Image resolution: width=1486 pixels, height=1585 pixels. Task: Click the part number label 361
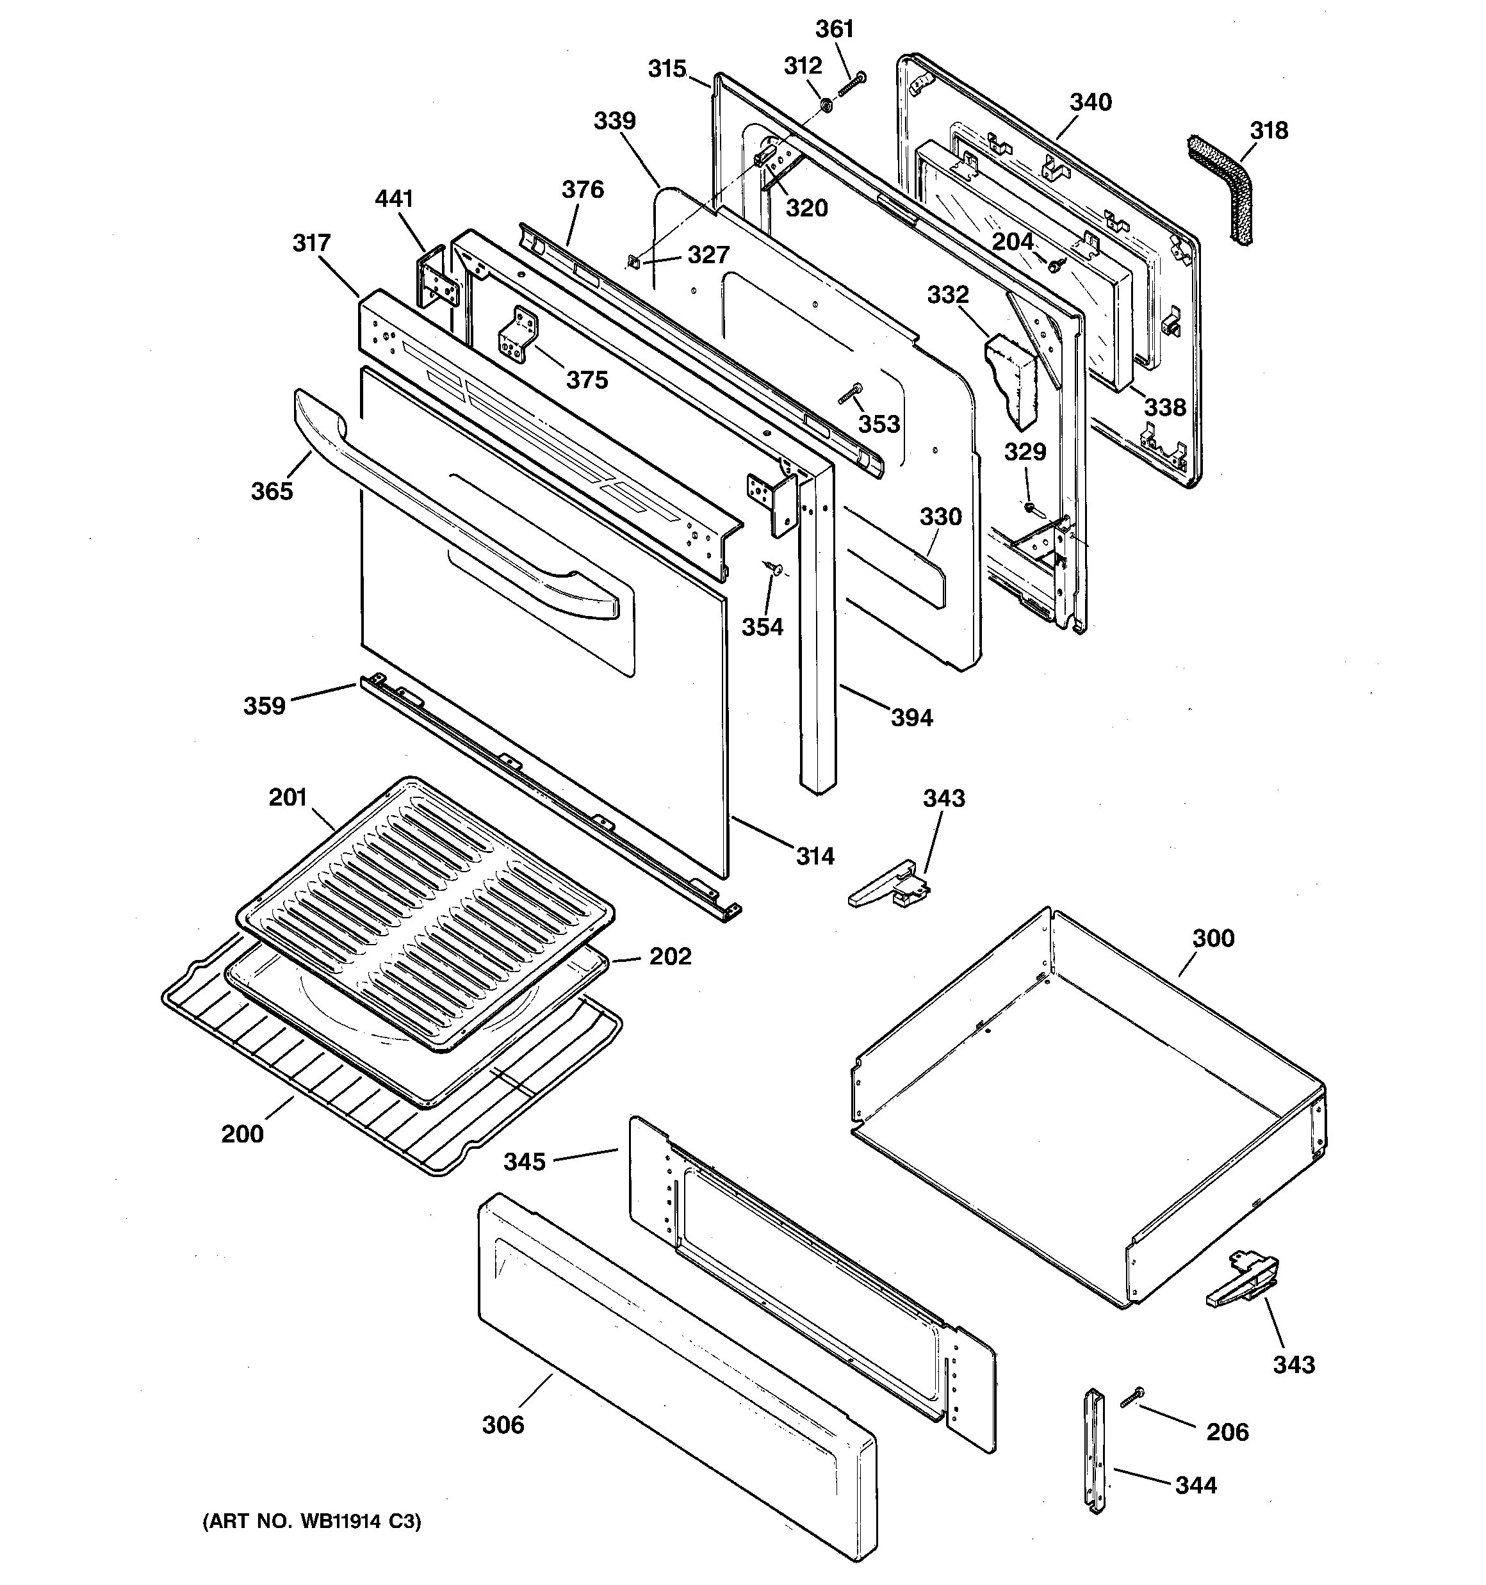pos(835,29)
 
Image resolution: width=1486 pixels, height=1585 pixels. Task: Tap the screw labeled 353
pos(850,393)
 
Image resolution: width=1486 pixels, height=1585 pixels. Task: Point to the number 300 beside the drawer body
pos(1213,938)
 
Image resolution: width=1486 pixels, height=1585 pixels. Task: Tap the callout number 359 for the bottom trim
pos(264,706)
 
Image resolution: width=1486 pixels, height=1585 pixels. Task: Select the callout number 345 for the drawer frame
pos(524,1162)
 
